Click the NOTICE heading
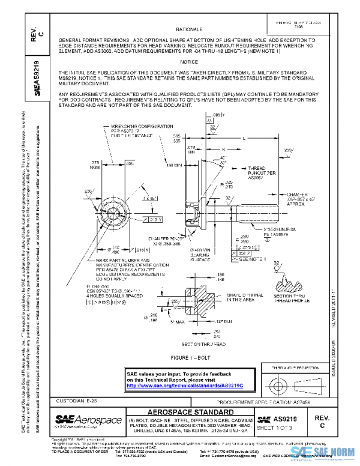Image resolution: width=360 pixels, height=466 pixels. click(189, 62)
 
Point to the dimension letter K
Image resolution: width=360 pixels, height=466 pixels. click(223, 148)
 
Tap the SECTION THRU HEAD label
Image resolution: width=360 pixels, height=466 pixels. click(194, 343)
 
